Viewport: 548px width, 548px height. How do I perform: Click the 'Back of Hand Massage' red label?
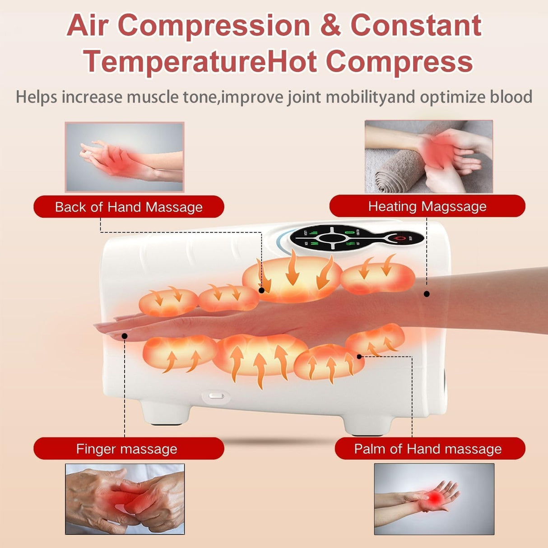(x=129, y=207)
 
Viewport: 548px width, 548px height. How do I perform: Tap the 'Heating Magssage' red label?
(x=427, y=206)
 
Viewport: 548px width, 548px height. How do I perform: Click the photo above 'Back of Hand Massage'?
(x=125, y=157)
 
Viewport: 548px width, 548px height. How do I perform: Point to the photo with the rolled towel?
(x=428, y=156)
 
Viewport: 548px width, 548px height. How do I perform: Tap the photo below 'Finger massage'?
(x=125, y=499)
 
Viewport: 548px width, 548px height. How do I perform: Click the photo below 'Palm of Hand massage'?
(x=434, y=499)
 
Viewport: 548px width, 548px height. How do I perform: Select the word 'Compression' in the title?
(x=214, y=25)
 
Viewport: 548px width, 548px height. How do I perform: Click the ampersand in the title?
(x=331, y=25)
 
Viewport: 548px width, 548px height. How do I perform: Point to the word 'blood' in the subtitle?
(x=511, y=97)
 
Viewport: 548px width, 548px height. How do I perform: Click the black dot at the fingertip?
(x=125, y=336)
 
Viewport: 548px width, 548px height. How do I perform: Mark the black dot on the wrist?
(x=427, y=294)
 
